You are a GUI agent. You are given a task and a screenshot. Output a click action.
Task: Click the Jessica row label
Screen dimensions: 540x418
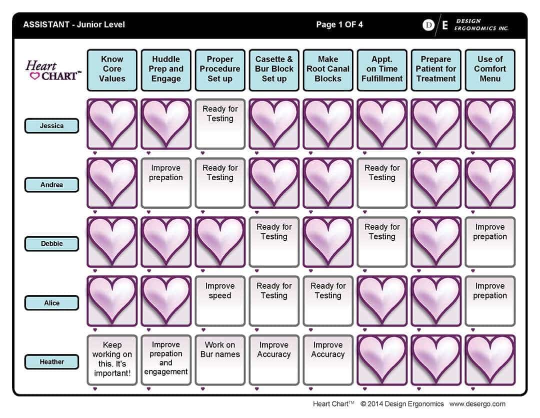click(51, 126)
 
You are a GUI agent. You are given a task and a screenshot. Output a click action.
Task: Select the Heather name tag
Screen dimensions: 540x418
click(51, 362)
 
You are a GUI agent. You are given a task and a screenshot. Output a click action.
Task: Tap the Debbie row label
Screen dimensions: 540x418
click(51, 244)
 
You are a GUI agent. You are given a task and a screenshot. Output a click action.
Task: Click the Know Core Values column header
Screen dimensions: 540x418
click(112, 70)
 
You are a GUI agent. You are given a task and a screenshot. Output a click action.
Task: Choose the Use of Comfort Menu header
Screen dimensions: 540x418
click(490, 70)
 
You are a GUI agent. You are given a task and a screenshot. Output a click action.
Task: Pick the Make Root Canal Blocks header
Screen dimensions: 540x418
click(328, 70)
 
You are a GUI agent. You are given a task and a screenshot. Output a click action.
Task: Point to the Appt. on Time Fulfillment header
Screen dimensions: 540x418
click(382, 70)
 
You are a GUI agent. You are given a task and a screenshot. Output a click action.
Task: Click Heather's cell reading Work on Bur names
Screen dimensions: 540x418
click(220, 360)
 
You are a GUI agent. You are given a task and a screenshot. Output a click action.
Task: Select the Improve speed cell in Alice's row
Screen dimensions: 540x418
click(220, 301)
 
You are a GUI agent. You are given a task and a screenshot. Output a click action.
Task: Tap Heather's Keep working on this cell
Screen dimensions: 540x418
click(112, 360)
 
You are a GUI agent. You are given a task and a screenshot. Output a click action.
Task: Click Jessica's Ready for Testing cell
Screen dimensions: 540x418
click(220, 124)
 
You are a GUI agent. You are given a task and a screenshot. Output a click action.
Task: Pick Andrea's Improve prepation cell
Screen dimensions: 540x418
click(166, 183)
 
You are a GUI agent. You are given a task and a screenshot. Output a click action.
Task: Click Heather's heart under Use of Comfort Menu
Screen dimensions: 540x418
click(490, 360)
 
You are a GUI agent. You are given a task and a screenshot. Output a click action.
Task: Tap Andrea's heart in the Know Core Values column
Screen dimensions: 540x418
click(112, 183)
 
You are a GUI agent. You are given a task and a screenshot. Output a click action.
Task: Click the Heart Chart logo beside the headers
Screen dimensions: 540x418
click(53, 71)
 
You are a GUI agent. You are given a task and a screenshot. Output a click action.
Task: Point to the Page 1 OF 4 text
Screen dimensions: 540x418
click(339, 25)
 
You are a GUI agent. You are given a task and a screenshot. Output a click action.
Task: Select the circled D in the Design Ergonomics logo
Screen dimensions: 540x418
click(428, 25)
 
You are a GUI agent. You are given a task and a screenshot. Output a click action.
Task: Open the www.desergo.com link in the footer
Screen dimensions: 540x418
click(477, 404)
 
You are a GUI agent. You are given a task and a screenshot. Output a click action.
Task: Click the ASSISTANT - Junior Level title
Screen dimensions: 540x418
click(74, 25)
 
